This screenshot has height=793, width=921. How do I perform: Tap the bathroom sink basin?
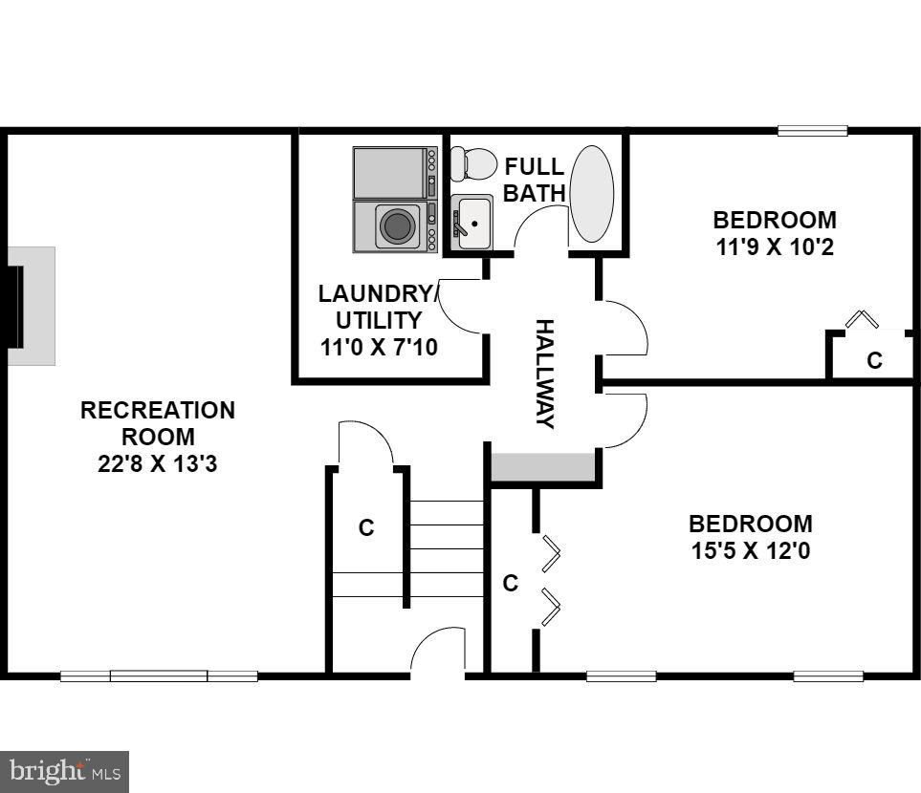tap(473, 222)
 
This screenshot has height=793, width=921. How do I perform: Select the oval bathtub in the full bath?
tap(591, 194)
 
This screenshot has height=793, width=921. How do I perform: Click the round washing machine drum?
tap(398, 226)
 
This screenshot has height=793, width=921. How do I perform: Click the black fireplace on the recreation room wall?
tap(14, 306)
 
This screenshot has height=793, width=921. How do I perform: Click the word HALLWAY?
tap(544, 374)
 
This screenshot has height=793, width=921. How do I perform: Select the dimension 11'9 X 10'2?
tap(775, 247)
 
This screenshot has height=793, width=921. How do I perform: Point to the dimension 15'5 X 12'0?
tap(751, 551)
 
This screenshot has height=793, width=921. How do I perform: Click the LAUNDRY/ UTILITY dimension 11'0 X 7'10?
tap(379, 347)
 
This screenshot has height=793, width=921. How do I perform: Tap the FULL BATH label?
tap(535, 180)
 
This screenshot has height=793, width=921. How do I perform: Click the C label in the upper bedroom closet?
tap(874, 360)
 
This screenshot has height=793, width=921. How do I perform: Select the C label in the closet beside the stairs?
tap(365, 527)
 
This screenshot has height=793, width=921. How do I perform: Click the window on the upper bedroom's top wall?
tap(812, 131)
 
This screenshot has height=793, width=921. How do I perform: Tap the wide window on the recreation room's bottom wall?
tap(159, 675)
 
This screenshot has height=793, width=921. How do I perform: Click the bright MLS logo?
tap(64, 770)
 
